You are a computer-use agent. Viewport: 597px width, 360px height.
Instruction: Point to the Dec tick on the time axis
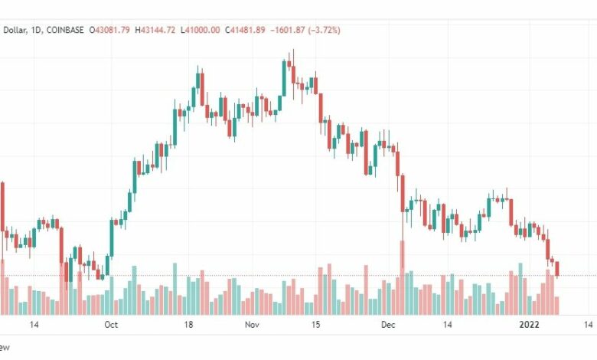388,325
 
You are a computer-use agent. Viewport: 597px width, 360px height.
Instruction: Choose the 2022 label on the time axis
529,325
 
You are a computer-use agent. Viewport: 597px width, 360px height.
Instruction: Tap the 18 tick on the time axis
188,325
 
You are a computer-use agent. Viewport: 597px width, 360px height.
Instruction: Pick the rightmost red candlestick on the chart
558,269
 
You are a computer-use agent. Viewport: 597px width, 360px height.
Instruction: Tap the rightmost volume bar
558,305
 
